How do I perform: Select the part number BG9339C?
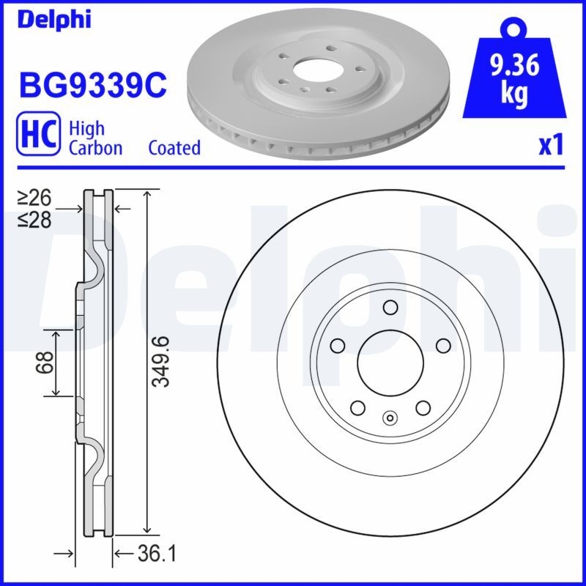93,85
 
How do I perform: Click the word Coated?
174,147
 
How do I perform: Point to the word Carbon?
95,147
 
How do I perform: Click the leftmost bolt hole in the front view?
337,345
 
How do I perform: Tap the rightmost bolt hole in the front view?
443,345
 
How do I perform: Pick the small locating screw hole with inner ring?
390,419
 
